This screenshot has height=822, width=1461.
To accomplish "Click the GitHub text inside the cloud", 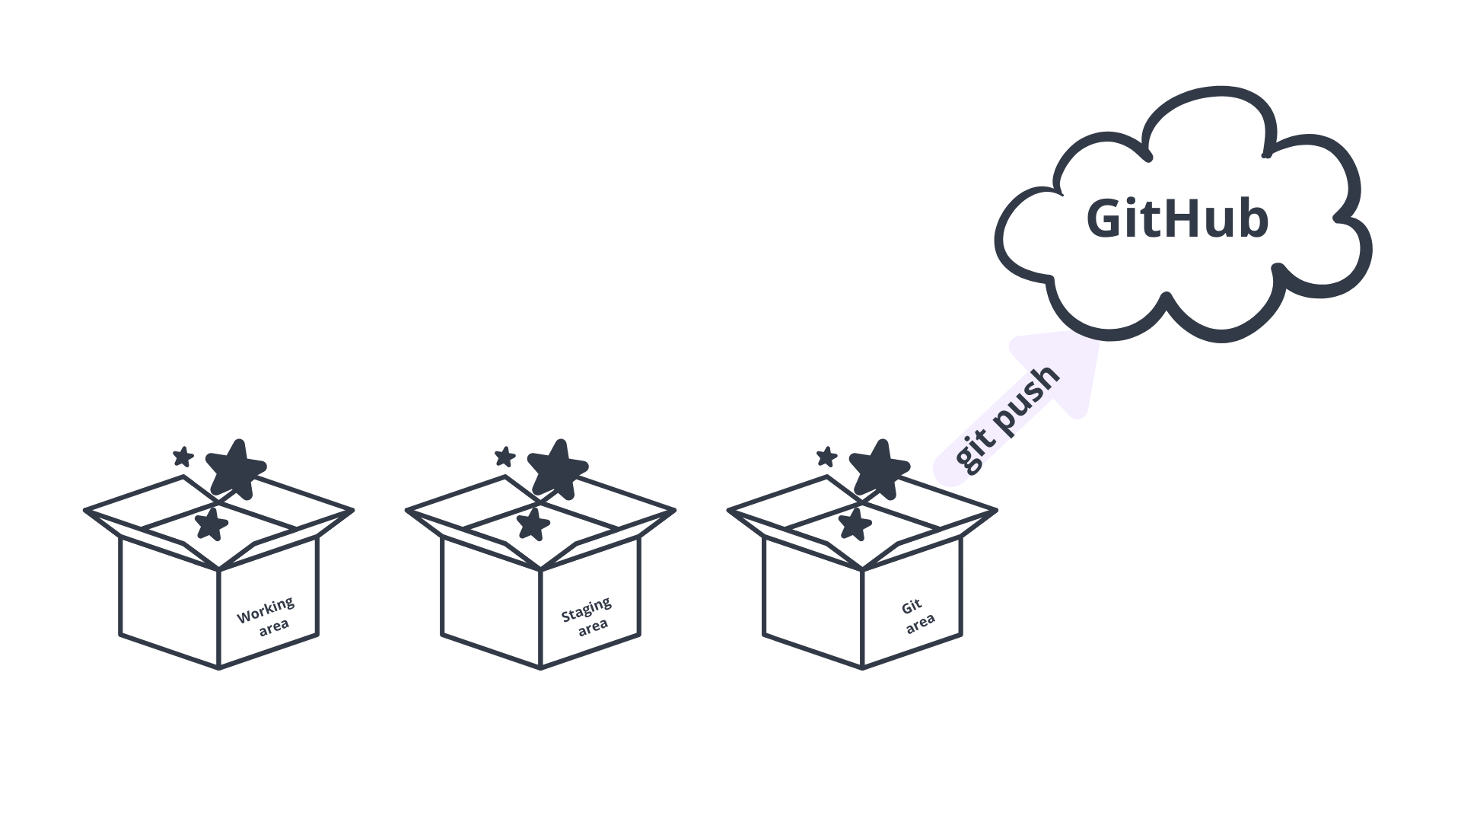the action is [x=1177, y=218].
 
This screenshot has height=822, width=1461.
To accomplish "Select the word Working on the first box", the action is [x=265, y=610].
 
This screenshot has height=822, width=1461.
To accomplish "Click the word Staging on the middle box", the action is [x=586, y=610].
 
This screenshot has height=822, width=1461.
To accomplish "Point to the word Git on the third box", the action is [x=912, y=607].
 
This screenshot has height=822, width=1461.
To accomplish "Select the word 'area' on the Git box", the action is [x=920, y=623].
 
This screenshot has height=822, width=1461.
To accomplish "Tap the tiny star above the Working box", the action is [x=183, y=457].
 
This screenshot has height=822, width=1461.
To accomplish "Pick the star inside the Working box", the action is [x=211, y=524].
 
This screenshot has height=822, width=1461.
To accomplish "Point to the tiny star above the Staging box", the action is [x=505, y=457].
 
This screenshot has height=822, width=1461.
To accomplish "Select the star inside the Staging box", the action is [x=533, y=524].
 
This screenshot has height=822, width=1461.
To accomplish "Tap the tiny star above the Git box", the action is [x=826, y=457].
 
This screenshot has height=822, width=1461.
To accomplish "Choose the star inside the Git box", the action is [x=855, y=524].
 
